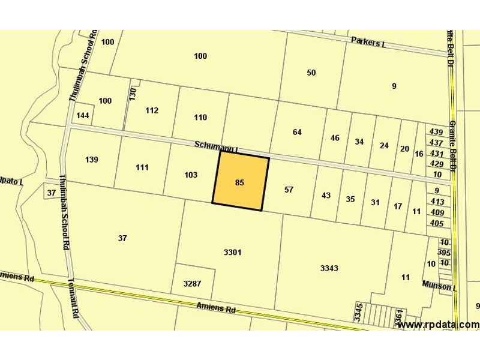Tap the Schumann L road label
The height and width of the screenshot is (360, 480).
[217, 146]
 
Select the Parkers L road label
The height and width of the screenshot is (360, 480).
[368, 43]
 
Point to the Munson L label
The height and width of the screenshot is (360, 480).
[439, 286]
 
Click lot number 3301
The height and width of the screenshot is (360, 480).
[232, 252]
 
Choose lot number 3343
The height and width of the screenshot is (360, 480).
[329, 268]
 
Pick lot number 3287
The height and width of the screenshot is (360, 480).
[192, 283]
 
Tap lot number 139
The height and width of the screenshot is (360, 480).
[92, 160]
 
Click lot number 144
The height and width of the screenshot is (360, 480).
[83, 115]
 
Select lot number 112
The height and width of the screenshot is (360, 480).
[152, 110]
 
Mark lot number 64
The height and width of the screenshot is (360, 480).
[297, 132]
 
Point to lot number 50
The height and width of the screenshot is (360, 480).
[311, 73]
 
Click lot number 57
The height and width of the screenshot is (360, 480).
[289, 190]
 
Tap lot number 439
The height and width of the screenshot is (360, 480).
[437, 132]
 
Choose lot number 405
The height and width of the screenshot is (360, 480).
[437, 223]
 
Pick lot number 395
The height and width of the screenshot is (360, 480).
[444, 253]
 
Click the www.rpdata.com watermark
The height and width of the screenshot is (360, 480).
[438, 325]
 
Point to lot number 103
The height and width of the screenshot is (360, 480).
[191, 175]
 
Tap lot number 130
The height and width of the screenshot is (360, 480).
[133, 94]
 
